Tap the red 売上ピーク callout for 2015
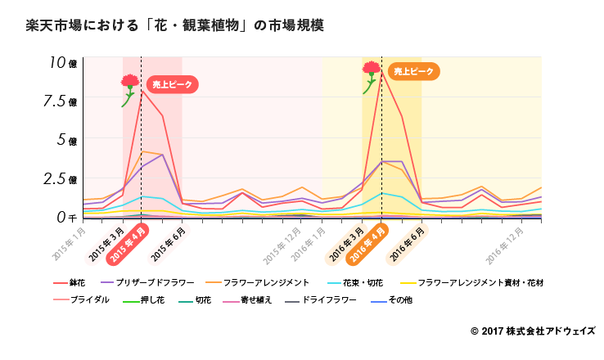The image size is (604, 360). pyautogui.click(x=173, y=84)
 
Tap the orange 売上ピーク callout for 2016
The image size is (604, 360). pyautogui.click(x=413, y=72)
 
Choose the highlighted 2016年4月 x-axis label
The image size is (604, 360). pyautogui.click(x=368, y=244)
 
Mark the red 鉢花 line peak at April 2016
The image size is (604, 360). pyautogui.click(x=381, y=70)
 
